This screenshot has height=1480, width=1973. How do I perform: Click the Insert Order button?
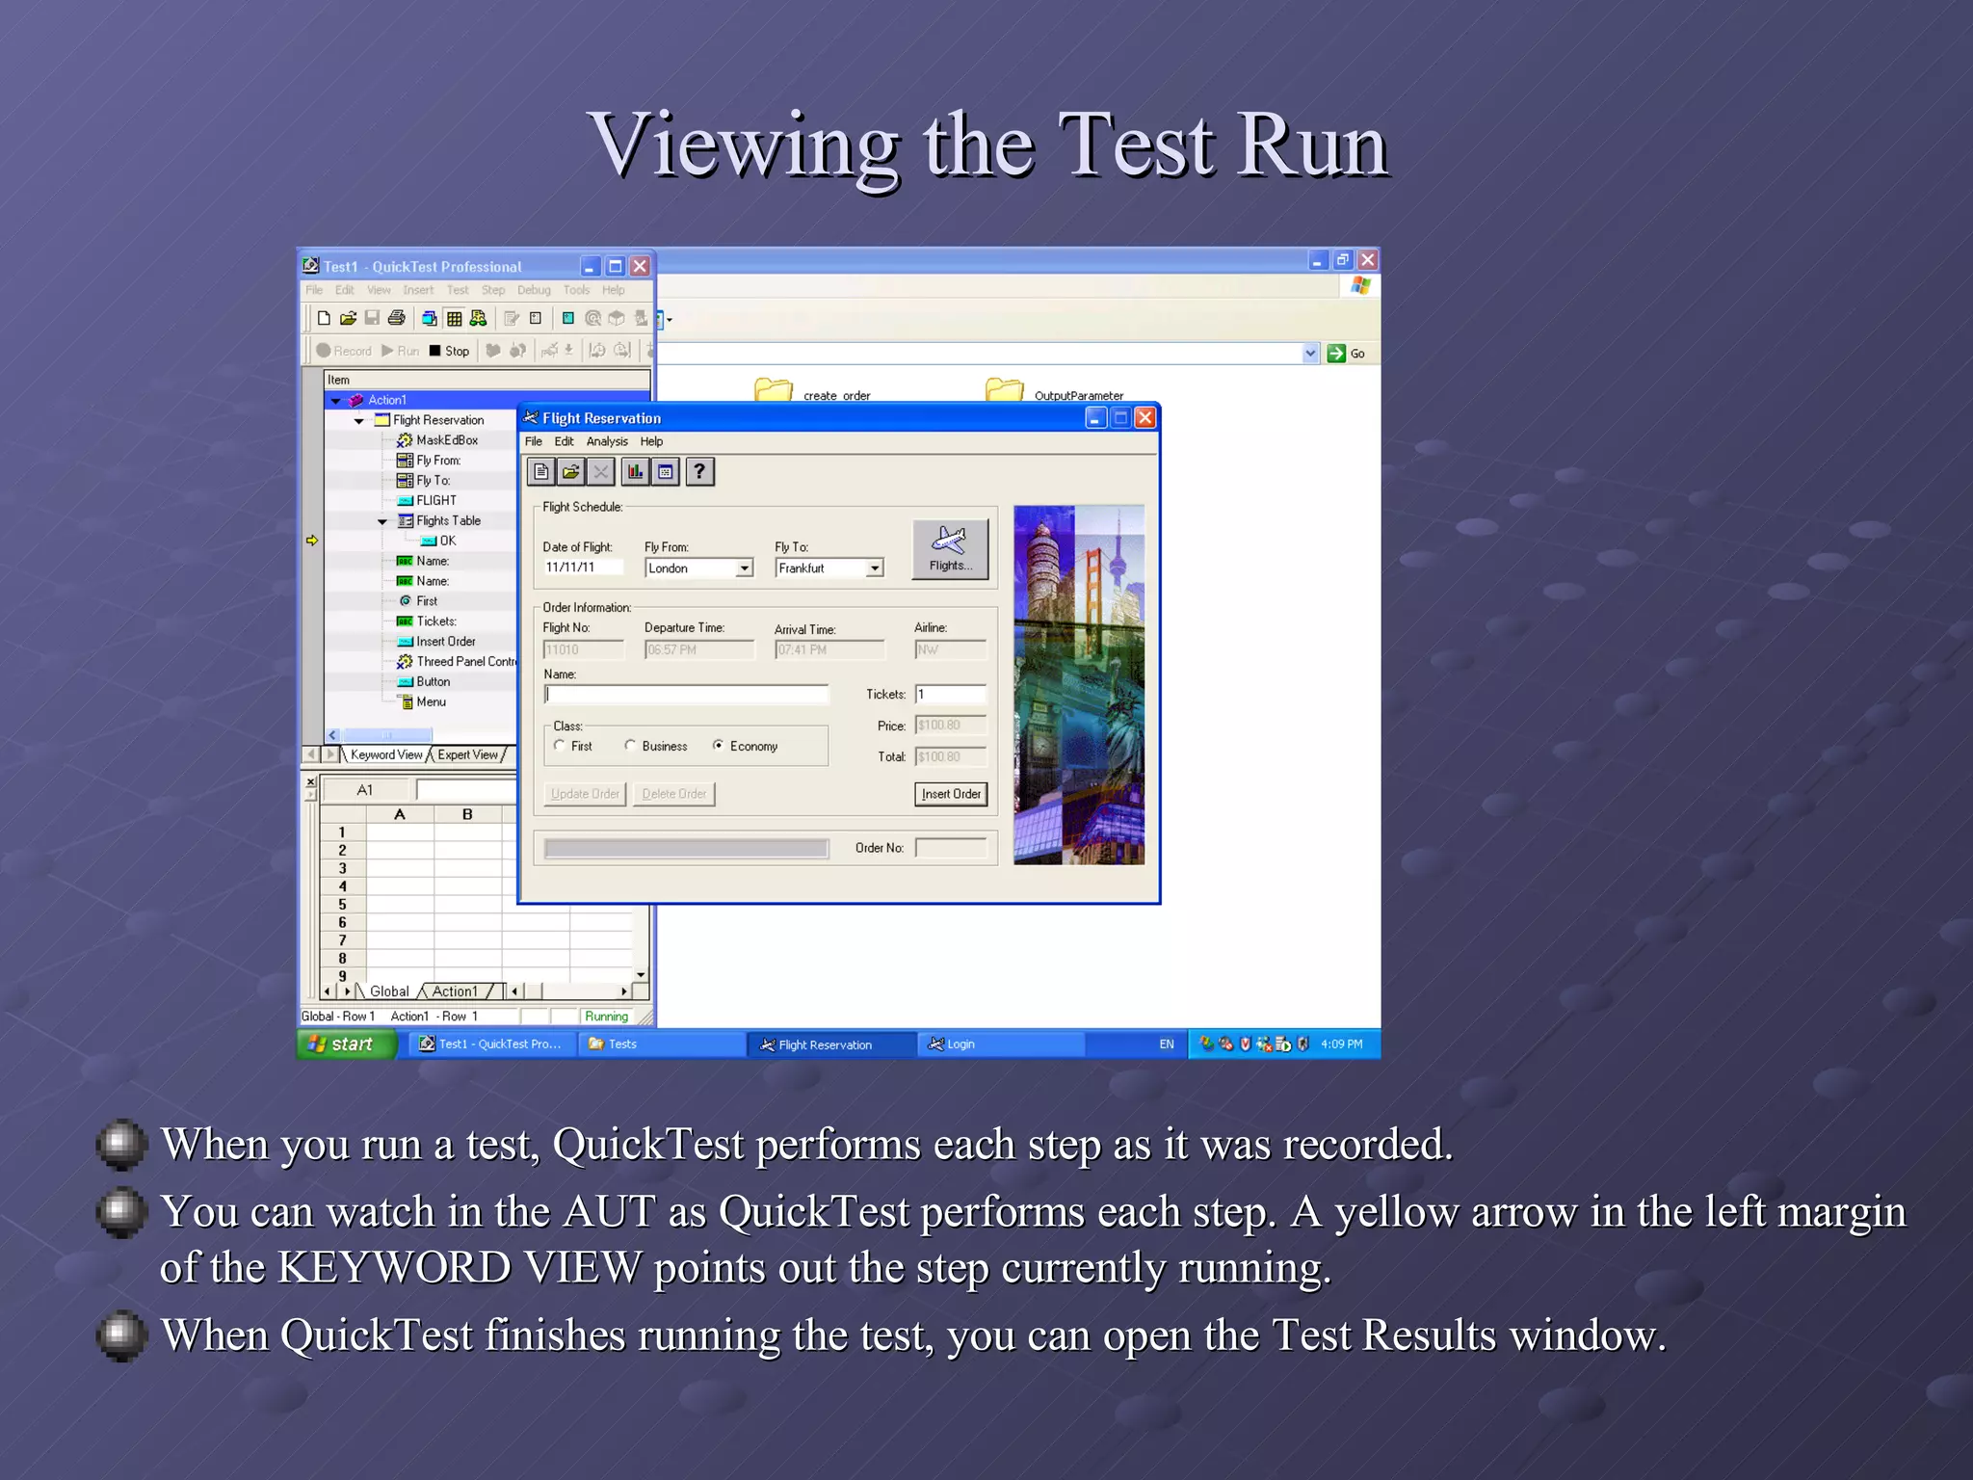(950, 794)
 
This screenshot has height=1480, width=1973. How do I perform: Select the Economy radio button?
(719, 745)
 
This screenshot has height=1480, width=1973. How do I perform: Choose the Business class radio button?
(630, 745)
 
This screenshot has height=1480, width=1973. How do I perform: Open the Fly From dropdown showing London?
(744, 568)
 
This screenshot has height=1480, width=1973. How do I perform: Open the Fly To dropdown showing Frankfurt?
(874, 568)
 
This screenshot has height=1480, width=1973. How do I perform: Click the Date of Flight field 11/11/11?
(581, 568)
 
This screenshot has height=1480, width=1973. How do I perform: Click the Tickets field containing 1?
(950, 694)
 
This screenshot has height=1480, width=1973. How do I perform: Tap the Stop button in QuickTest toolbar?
(449, 351)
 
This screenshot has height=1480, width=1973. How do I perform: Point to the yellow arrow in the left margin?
(312, 541)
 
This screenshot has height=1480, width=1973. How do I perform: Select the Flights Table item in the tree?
(448, 520)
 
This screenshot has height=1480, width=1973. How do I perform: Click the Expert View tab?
(468, 754)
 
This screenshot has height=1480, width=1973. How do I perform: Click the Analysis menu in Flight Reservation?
(607, 441)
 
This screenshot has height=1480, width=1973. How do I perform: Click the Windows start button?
(345, 1044)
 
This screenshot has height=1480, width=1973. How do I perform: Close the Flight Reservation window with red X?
(1144, 417)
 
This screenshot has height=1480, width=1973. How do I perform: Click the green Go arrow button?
(1336, 353)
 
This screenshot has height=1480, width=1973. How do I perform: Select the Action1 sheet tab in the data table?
(455, 991)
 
